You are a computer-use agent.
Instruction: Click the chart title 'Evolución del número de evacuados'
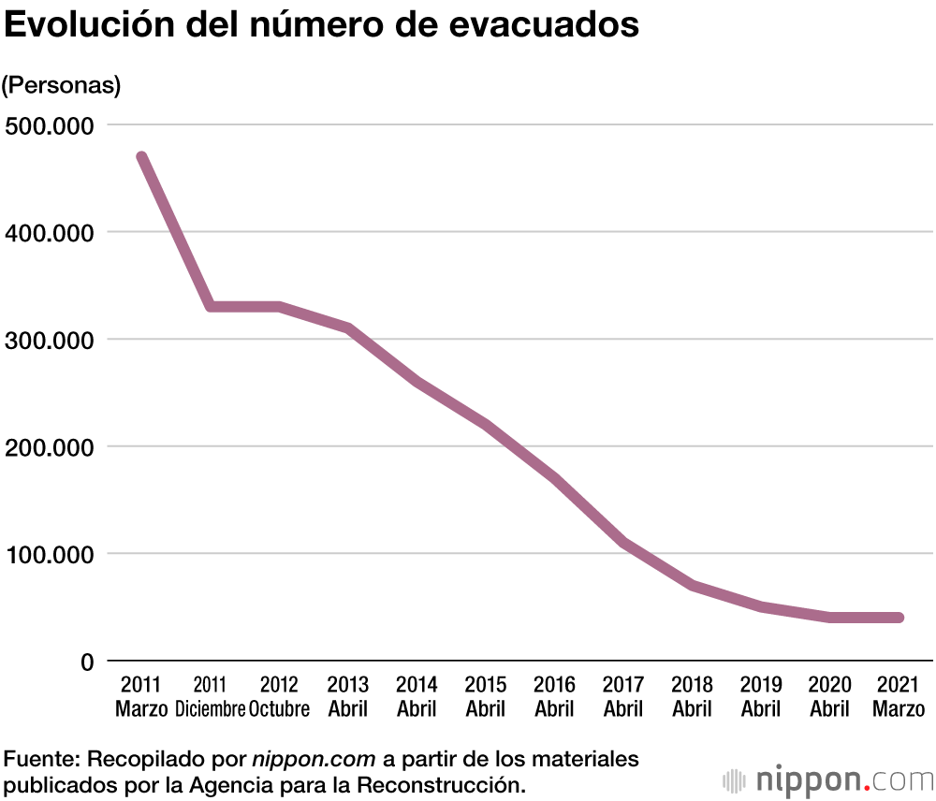pyautogui.click(x=322, y=25)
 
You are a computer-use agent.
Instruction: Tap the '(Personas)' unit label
pyautogui.click(x=62, y=85)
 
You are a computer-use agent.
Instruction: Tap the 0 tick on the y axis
pyautogui.click(x=87, y=662)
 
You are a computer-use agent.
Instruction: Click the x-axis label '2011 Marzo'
pyautogui.click(x=141, y=696)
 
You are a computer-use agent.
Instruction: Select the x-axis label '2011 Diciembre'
pyautogui.click(x=210, y=696)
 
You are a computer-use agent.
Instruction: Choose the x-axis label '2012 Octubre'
pyautogui.click(x=279, y=696)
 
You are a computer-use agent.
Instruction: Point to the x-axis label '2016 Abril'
pyautogui.click(x=554, y=696)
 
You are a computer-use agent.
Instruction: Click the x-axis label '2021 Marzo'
pyautogui.click(x=899, y=696)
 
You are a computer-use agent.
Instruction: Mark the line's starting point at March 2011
pyautogui.click(x=141, y=157)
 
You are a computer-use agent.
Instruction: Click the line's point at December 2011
pyautogui.click(x=211, y=307)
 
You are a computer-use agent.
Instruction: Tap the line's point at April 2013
pyautogui.click(x=348, y=328)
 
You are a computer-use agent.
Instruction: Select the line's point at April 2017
pyautogui.click(x=623, y=543)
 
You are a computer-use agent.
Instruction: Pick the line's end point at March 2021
pyautogui.click(x=899, y=618)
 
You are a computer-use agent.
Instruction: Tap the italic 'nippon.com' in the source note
pyautogui.click(x=314, y=758)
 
